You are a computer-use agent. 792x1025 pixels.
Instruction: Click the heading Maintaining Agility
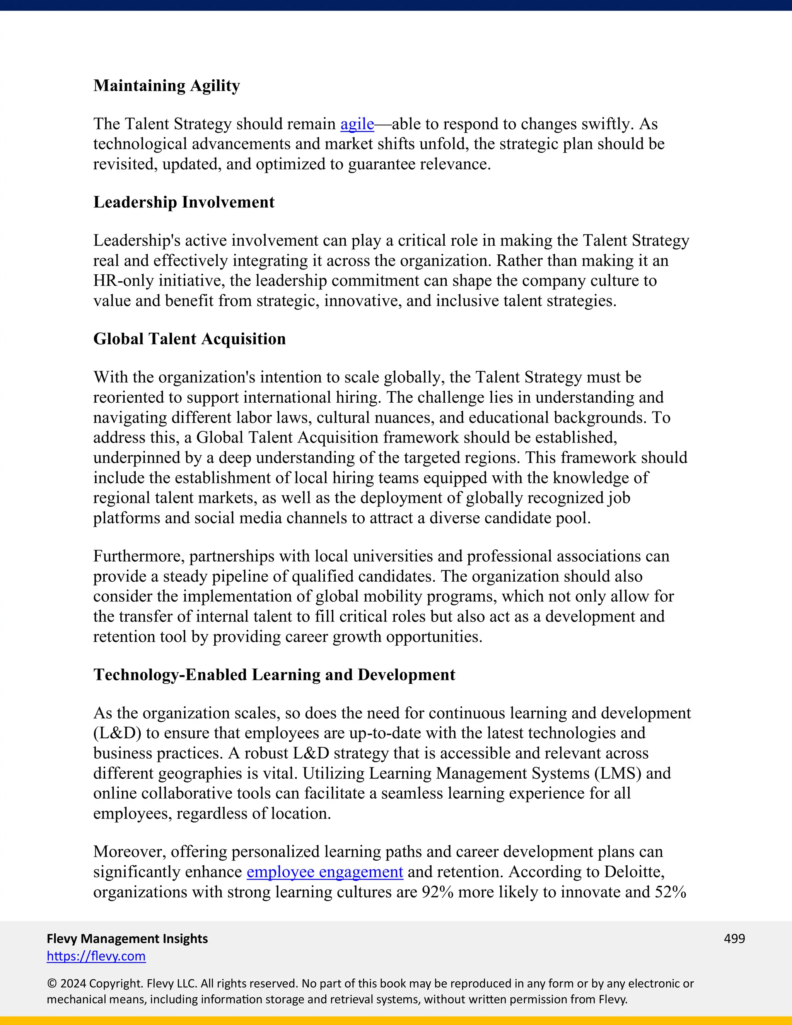(x=167, y=85)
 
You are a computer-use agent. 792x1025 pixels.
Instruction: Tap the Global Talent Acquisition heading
(x=189, y=339)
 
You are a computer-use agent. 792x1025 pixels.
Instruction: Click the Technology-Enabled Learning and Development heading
(x=274, y=675)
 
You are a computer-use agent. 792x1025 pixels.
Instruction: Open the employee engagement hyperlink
(x=325, y=872)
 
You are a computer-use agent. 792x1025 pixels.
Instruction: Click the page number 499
(x=734, y=939)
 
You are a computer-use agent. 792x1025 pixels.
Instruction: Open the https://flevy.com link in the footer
(x=96, y=956)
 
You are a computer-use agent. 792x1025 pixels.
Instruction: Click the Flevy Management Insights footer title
(x=127, y=939)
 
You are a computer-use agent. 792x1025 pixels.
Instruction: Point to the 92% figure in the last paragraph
(x=437, y=892)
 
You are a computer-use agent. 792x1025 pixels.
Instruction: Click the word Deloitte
(x=633, y=872)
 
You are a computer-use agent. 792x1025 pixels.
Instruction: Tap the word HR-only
(x=123, y=281)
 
